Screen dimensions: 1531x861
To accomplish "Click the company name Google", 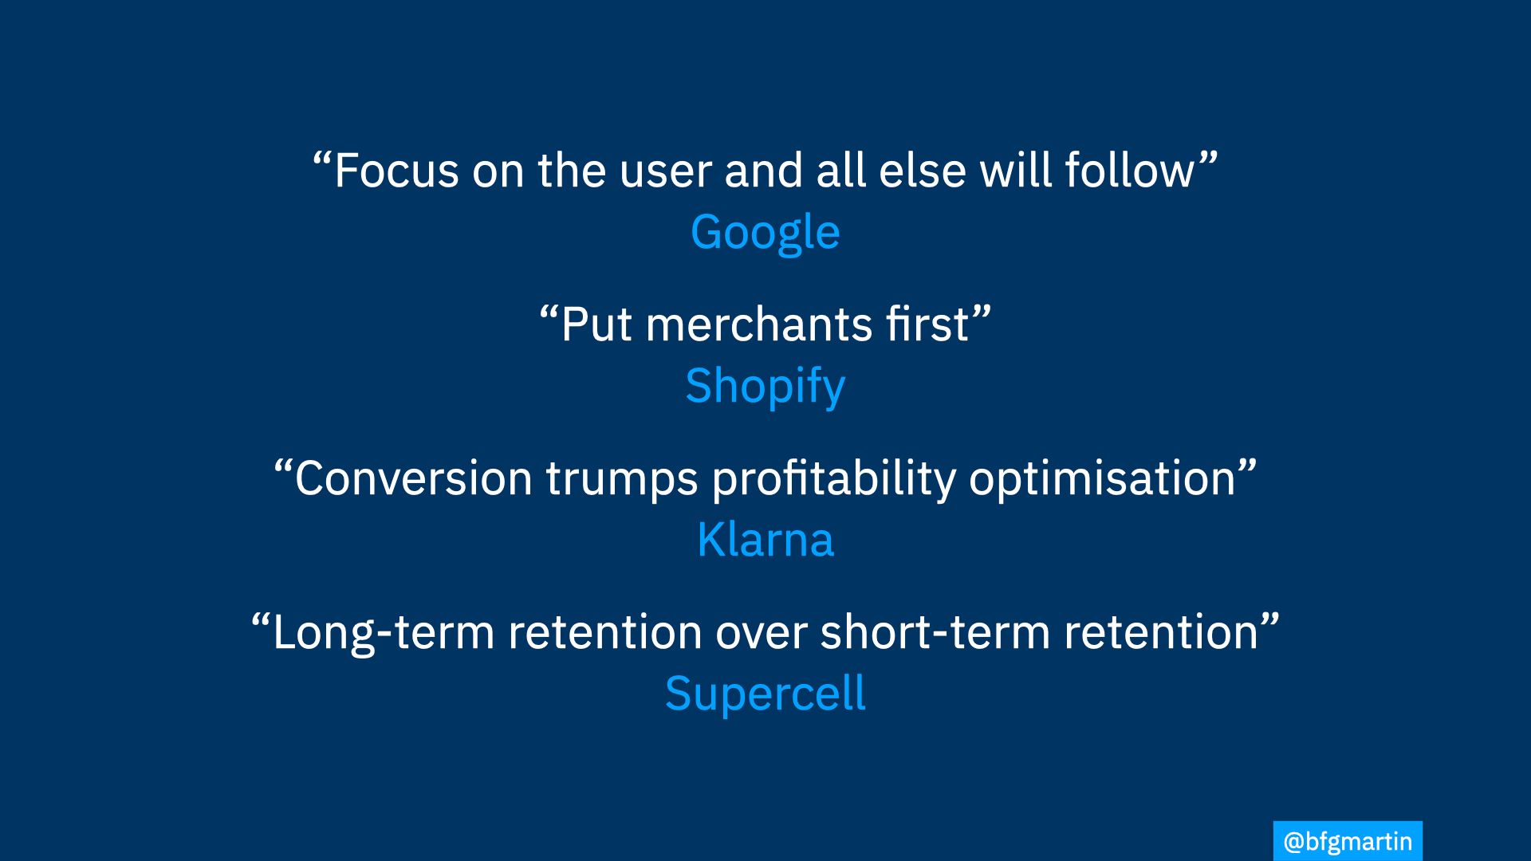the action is click(x=765, y=233).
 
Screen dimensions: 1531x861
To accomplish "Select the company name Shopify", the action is click(x=765, y=387).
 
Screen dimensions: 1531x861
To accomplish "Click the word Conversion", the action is click(x=413, y=478).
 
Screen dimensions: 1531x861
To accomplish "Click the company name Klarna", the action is click(x=765, y=540).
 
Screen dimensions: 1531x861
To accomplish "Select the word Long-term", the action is click(x=384, y=634).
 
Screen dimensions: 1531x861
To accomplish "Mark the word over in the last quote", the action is click(x=762, y=633).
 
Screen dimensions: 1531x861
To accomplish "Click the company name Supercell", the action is click(x=765, y=694).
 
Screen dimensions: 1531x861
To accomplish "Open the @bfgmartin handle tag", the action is click(x=1348, y=841).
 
